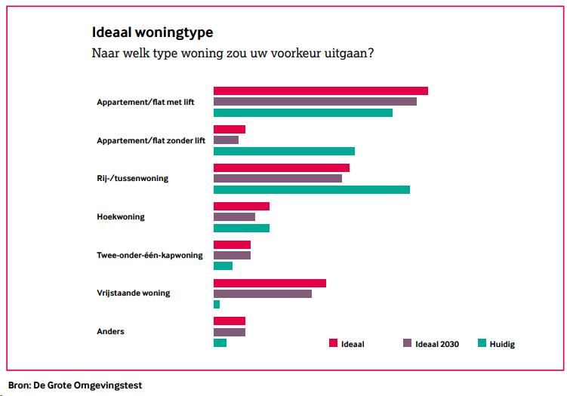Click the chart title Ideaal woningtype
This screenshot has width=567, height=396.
(x=152, y=33)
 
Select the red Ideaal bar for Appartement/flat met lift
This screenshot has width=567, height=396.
(x=321, y=91)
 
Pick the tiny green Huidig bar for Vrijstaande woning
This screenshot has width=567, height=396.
(x=217, y=305)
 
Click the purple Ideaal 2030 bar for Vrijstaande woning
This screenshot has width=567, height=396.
(x=263, y=293)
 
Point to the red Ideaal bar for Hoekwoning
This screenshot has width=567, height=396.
(x=242, y=206)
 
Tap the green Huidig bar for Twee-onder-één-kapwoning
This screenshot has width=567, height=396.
(x=223, y=266)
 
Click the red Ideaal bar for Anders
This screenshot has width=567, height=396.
(x=230, y=321)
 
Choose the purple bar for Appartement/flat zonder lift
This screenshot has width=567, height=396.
(x=226, y=140)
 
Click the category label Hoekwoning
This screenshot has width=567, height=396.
(x=121, y=217)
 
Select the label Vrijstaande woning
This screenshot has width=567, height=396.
(x=134, y=293)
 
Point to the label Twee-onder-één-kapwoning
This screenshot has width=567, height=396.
(x=149, y=256)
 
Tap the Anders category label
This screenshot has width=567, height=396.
(x=110, y=332)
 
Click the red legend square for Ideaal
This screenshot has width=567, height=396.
(x=333, y=344)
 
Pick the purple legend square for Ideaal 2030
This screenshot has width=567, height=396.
(x=407, y=344)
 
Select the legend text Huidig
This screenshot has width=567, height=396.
(x=501, y=345)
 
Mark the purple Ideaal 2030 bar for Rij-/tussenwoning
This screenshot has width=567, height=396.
(x=278, y=179)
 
